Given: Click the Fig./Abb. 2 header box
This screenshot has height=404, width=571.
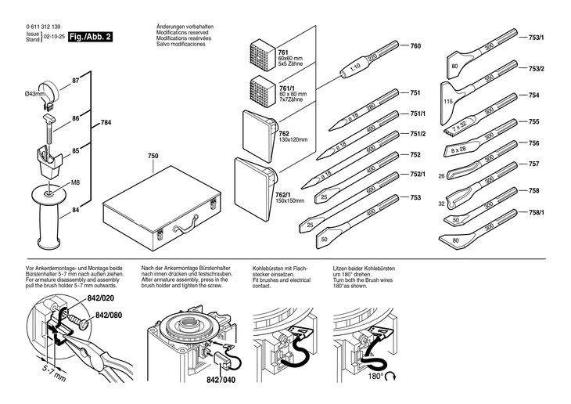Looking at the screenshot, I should [91, 37].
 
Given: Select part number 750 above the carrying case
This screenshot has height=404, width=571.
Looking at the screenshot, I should [153, 157].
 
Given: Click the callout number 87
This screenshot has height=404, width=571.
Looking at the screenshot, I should [76, 81].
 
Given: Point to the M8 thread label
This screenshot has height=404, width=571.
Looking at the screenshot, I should [76, 183].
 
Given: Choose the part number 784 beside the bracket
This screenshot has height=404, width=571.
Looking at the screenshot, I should [106, 123].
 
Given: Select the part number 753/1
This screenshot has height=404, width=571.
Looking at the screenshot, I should [537, 38].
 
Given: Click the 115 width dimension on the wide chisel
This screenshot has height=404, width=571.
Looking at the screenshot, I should [448, 102].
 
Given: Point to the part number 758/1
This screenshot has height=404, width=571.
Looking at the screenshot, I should [537, 212].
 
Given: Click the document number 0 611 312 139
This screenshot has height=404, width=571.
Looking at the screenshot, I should [44, 27].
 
